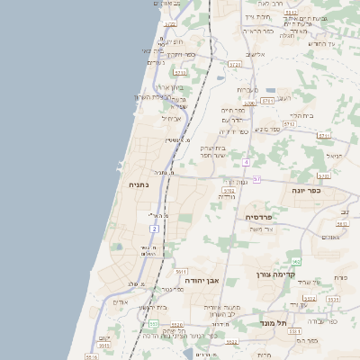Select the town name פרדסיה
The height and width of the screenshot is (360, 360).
click(265, 217)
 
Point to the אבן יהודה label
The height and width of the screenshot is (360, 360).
click(202, 281)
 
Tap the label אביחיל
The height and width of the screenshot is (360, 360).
click(171, 118)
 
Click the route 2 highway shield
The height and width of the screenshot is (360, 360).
click(154, 229)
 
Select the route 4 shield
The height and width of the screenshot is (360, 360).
click(246, 162)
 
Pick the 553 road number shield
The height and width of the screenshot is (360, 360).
click(154, 323)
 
